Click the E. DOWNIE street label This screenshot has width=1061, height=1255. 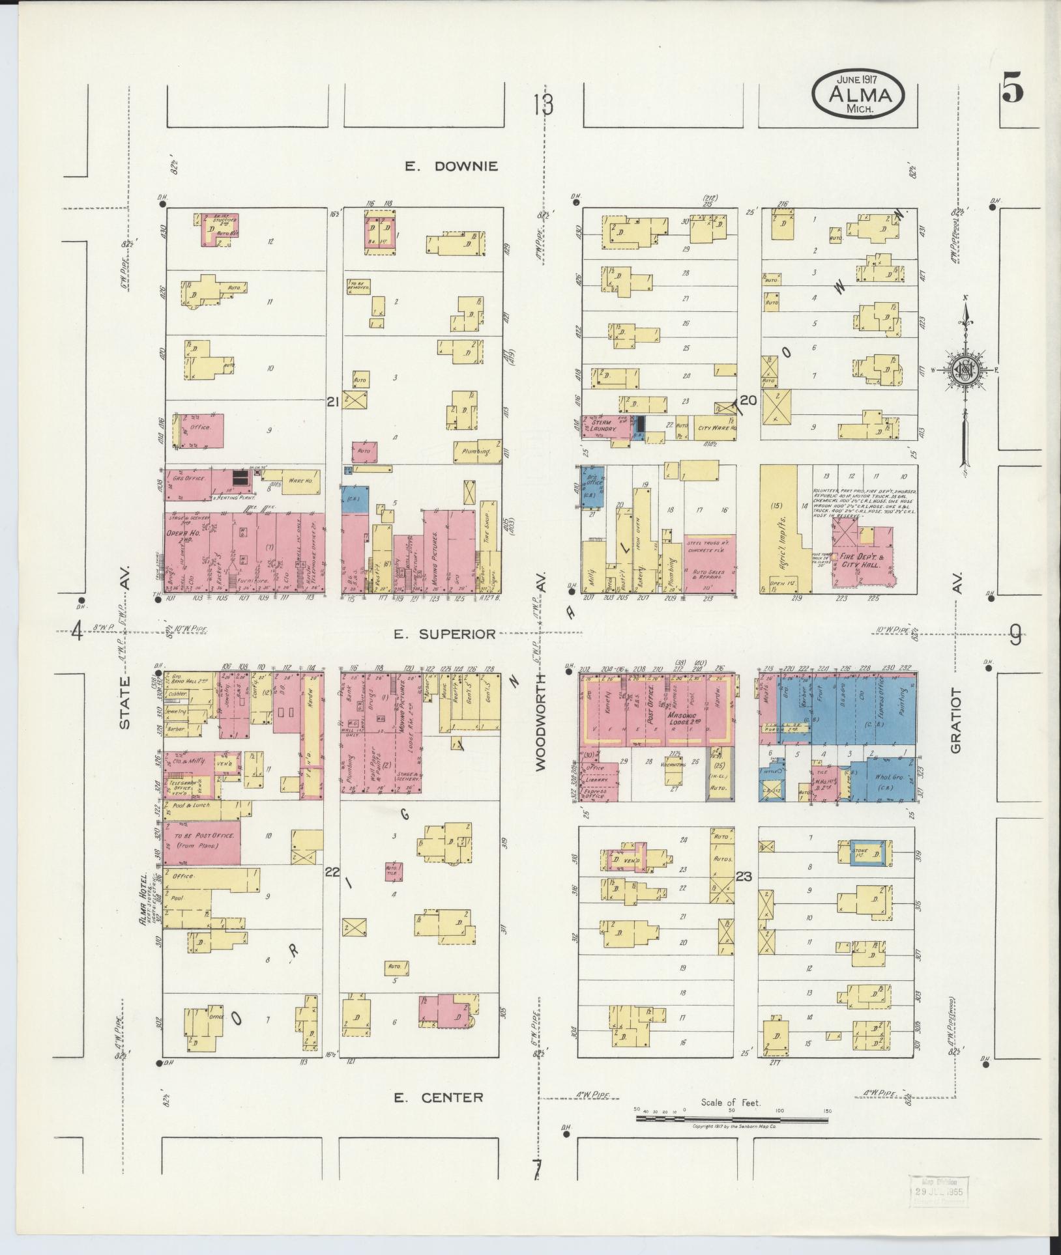click(x=451, y=166)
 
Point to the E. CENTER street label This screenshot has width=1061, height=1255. click(x=439, y=1097)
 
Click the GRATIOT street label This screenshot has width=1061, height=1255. click(x=955, y=720)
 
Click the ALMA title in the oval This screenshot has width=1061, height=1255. click(x=858, y=95)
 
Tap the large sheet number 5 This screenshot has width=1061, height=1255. click(x=1011, y=91)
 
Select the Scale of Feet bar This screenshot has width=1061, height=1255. click(x=733, y=1119)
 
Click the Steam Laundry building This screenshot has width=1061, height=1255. click(x=603, y=426)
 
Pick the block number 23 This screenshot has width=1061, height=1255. click(x=744, y=877)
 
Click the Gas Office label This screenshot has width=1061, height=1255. click(x=188, y=478)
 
